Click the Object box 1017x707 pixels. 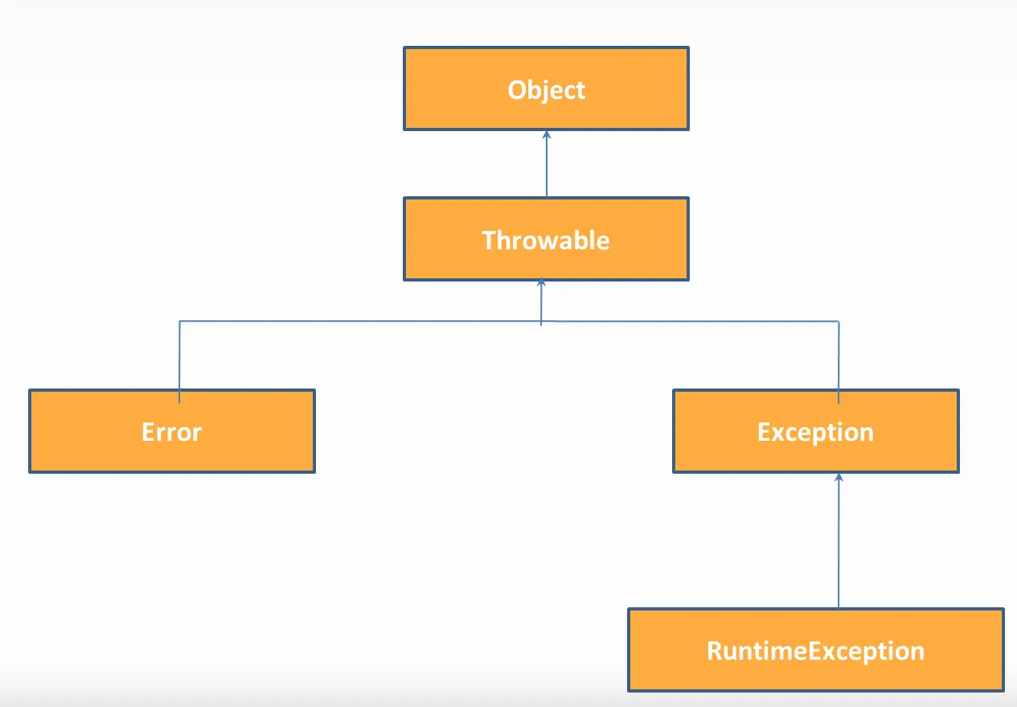pyautogui.click(x=546, y=88)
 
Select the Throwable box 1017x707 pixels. pyautogui.click(x=546, y=239)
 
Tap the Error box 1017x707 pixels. pyautogui.click(x=172, y=431)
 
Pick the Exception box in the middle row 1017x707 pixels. pyautogui.click(x=816, y=431)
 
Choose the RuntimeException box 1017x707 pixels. pyautogui.click(x=816, y=650)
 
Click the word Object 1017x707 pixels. pyautogui.click(x=546, y=90)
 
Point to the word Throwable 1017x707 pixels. pyautogui.click(x=546, y=240)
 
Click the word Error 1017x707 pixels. pyautogui.click(x=171, y=432)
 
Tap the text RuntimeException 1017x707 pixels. pyautogui.click(x=815, y=652)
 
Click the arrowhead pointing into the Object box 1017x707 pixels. pyautogui.click(x=547, y=134)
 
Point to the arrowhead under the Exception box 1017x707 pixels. pyautogui.click(x=839, y=477)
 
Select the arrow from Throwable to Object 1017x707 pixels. pyautogui.click(x=547, y=164)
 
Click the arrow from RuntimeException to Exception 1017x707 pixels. pyautogui.click(x=839, y=541)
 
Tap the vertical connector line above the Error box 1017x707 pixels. pyautogui.click(x=179, y=362)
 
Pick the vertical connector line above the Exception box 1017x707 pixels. pyautogui.click(x=839, y=363)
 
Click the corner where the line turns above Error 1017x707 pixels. pyautogui.click(x=180, y=321)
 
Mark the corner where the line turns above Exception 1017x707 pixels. pyautogui.click(x=839, y=322)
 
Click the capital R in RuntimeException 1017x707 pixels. pyautogui.click(x=715, y=651)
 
